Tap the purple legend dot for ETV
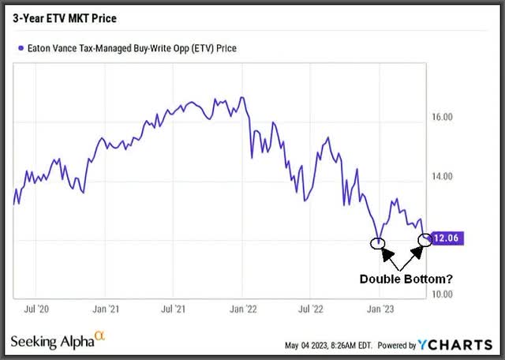pyautogui.click(x=20, y=48)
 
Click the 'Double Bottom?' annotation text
pyautogui.click(x=401, y=279)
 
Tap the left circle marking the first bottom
pyautogui.click(x=380, y=243)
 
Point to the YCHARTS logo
pyautogui.click(x=462, y=344)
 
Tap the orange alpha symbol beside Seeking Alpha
pyautogui.click(x=99, y=336)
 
